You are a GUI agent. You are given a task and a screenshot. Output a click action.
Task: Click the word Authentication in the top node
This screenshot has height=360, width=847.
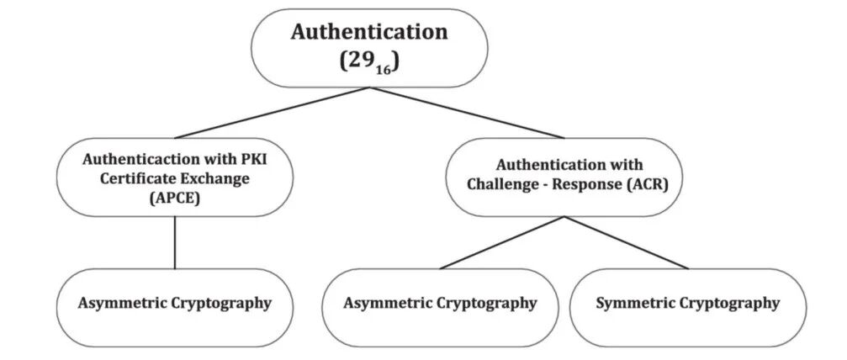369,31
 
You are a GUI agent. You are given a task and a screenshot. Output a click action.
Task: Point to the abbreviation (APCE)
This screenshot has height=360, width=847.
174,199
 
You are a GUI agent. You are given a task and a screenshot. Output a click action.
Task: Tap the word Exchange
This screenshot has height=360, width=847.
214,179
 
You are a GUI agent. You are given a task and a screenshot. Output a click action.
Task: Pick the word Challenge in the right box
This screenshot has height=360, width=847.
500,185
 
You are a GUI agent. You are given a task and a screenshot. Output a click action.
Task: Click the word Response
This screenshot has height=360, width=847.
584,185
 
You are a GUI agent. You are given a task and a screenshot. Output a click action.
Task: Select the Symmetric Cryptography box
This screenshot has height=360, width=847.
688,308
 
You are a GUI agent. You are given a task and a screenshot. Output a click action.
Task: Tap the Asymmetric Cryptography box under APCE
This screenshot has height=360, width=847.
174,308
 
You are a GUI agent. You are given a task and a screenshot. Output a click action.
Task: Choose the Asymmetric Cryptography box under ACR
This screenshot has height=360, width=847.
440,308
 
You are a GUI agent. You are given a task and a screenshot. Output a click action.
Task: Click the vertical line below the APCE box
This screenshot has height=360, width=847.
174,243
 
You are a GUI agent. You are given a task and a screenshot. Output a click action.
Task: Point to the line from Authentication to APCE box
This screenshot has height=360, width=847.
272,113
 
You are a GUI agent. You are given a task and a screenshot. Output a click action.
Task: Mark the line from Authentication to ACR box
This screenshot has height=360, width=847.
468,113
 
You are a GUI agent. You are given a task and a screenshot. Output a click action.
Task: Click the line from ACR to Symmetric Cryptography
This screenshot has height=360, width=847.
627,243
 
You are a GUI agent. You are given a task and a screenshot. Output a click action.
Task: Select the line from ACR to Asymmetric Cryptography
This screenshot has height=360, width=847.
502,243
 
